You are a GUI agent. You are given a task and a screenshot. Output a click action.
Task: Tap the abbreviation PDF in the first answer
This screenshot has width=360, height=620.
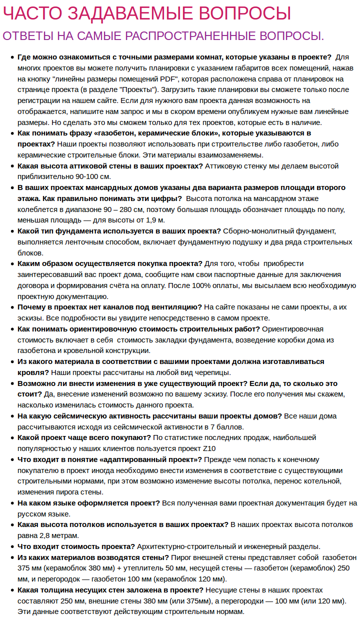pyautogui.click(x=167, y=79)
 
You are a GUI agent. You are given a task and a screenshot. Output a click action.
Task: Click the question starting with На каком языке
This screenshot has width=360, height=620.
pyautogui.click(x=89, y=503)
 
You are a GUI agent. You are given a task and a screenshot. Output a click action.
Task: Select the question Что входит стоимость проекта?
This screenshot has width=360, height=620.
pyautogui.click(x=76, y=546)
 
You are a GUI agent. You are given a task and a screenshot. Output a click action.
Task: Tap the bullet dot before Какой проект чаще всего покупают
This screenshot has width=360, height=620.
pyautogui.click(x=11, y=438)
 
